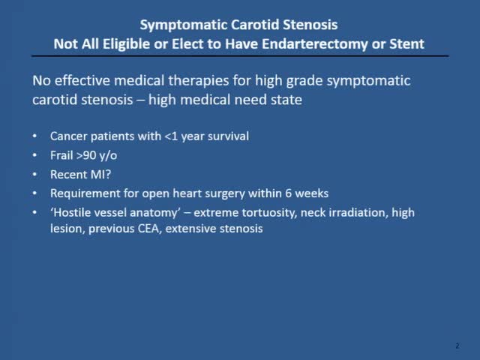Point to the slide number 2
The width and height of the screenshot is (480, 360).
(x=457, y=346)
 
